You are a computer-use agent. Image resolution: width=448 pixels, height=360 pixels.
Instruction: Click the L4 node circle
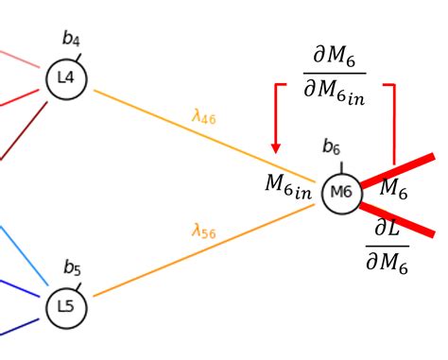click(66, 78)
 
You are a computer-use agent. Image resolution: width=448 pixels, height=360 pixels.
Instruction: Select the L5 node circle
click(65, 307)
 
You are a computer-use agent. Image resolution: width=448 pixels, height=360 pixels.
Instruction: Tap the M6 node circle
click(341, 193)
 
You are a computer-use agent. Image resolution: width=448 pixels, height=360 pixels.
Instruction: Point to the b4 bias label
click(71, 39)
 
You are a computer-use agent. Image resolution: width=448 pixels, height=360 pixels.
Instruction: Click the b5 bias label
click(72, 267)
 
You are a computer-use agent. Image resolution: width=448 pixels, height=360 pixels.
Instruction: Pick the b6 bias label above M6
click(331, 146)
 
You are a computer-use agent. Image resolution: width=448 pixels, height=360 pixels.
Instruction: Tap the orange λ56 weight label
click(203, 230)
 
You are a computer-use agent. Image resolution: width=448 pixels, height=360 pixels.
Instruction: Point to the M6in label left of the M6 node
click(287, 186)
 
